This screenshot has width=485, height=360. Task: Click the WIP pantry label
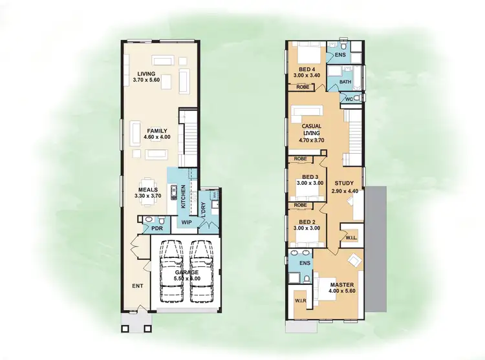[187, 222]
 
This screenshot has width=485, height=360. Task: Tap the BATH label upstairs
[345, 82]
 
